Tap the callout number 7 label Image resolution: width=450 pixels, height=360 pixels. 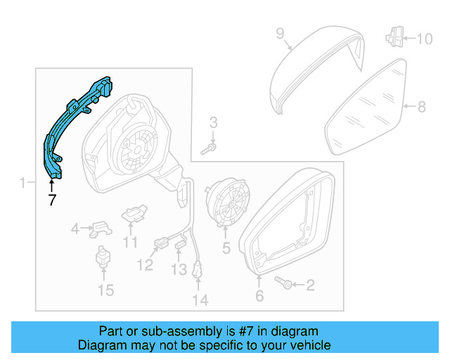click(x=51, y=200)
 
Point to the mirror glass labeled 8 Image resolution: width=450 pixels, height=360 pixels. click(x=366, y=109)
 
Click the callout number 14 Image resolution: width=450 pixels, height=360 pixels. click(x=200, y=300)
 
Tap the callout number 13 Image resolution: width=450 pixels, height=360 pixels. click(x=179, y=269)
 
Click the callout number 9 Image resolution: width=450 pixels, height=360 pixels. click(x=279, y=33)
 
